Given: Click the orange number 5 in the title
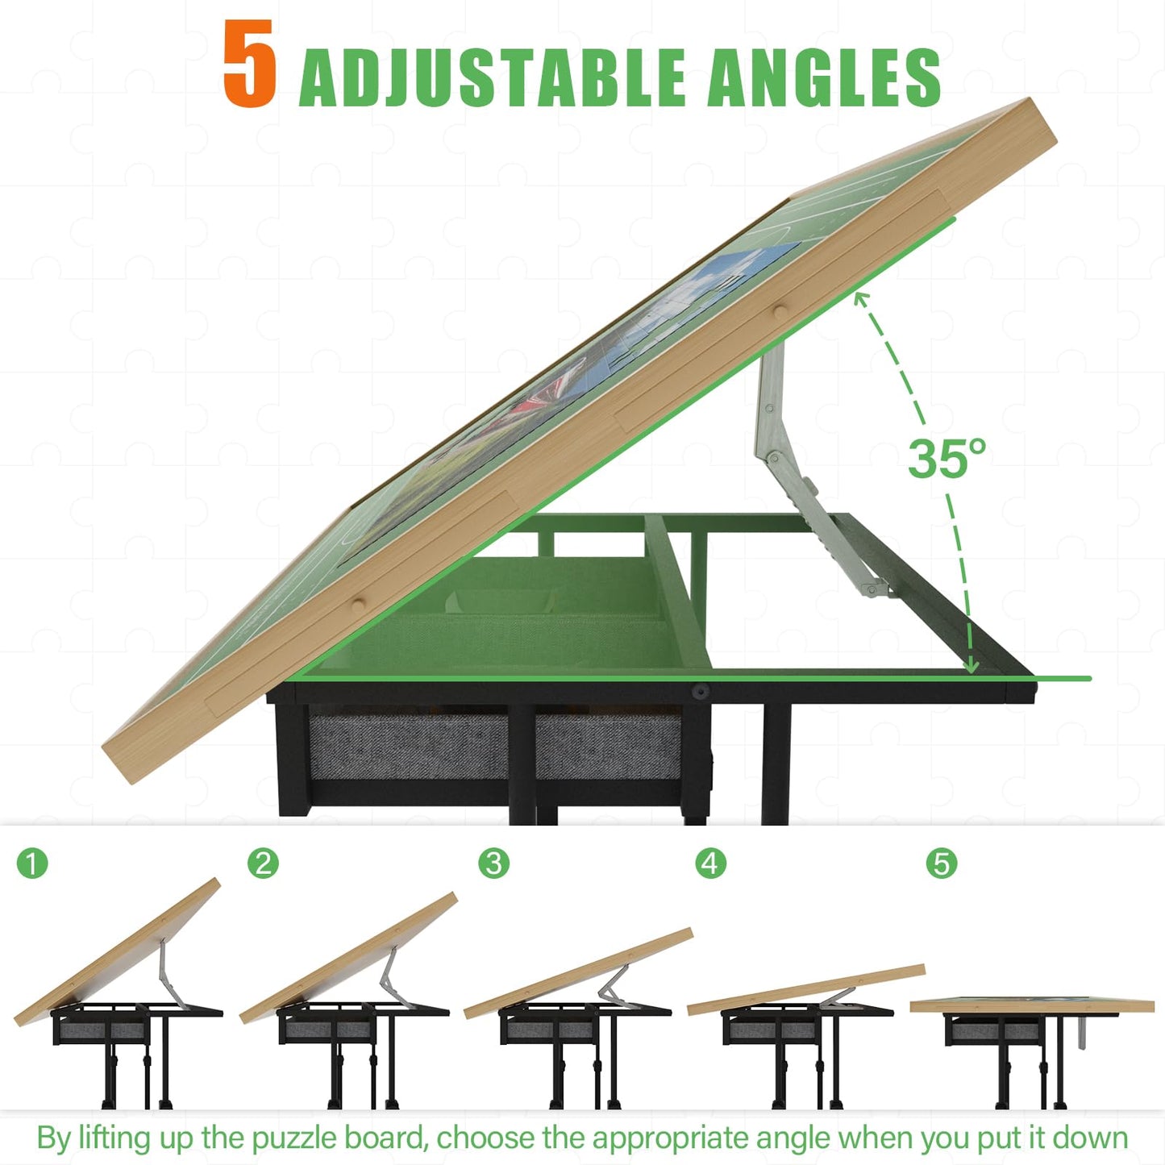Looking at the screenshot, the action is [x=250, y=64].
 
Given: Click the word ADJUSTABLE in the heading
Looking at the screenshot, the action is [x=493, y=77].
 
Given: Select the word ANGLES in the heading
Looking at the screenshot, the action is [x=824, y=77].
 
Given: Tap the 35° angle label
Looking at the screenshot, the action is [x=947, y=458].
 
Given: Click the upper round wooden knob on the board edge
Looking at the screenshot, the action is [x=780, y=313].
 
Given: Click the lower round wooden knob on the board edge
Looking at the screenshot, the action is [x=359, y=605].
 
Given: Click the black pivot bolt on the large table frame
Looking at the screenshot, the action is [x=701, y=690].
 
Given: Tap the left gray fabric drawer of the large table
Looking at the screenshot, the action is [x=408, y=747].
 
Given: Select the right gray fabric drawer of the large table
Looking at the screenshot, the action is [x=608, y=747].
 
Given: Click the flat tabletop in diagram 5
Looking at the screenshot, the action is [x=1032, y=1005].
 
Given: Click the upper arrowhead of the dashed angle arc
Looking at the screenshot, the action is [x=860, y=297].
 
